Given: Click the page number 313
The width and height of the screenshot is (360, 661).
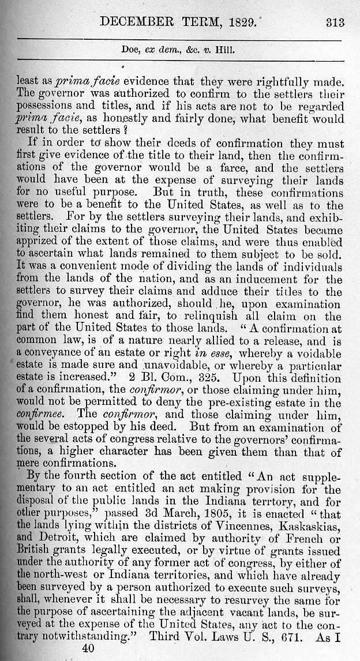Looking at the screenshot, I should pyautogui.click(x=334, y=22).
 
